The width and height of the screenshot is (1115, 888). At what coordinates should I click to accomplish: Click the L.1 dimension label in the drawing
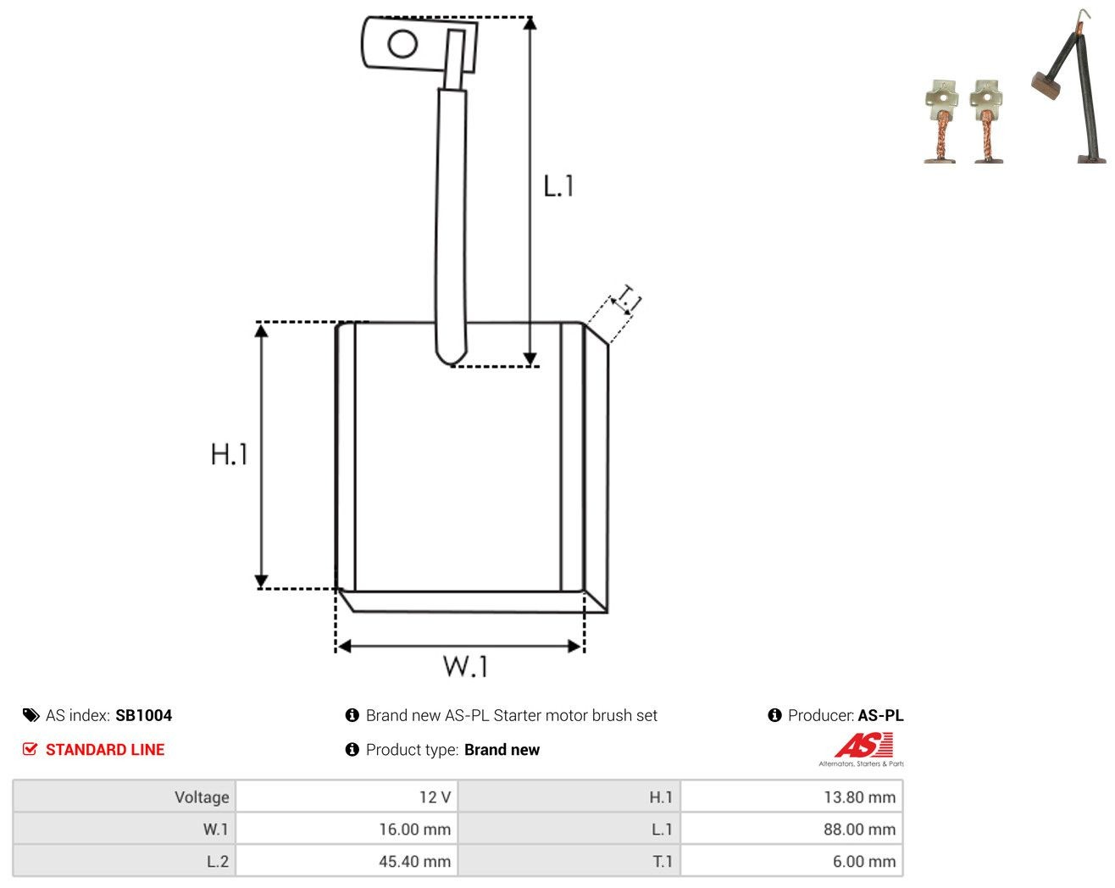click(x=558, y=186)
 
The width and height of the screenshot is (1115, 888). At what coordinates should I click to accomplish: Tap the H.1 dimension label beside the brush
click(x=229, y=454)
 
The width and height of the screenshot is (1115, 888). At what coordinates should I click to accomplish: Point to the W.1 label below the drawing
click(x=465, y=666)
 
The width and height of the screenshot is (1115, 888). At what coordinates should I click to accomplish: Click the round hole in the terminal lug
click(x=402, y=44)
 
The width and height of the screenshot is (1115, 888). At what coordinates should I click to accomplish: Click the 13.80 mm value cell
click(x=859, y=796)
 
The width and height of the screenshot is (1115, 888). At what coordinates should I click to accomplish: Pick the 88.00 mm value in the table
click(x=859, y=829)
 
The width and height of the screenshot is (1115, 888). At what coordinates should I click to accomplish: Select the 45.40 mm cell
click(x=414, y=861)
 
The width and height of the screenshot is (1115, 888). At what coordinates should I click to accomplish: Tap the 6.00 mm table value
click(x=863, y=861)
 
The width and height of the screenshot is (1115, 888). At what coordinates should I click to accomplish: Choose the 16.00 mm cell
click(x=414, y=829)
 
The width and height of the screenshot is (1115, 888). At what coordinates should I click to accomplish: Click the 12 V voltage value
click(x=435, y=796)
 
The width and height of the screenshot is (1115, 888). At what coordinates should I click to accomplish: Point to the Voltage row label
click(x=202, y=796)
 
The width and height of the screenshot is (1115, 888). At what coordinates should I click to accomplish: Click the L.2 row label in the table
click(x=218, y=861)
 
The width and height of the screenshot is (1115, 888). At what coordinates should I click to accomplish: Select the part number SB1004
click(x=143, y=715)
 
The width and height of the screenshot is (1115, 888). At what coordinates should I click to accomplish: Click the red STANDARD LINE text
click(x=105, y=750)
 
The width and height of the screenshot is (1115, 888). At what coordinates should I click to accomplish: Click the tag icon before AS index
click(x=31, y=715)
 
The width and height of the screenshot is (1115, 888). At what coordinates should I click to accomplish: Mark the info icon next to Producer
click(x=774, y=715)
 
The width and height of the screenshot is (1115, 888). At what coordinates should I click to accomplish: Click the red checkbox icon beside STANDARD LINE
click(x=30, y=749)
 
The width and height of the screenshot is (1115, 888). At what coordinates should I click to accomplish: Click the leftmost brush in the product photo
click(x=940, y=122)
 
